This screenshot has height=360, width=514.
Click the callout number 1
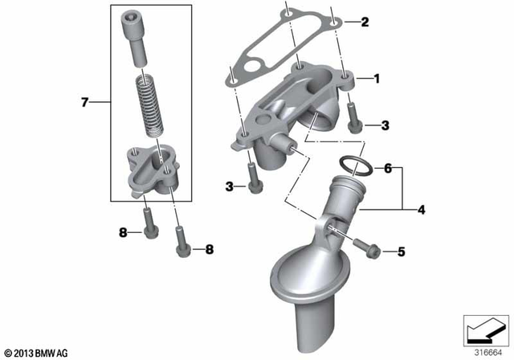pyautogui.click(x=373, y=80)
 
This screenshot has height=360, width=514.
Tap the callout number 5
pyautogui.click(x=400, y=252)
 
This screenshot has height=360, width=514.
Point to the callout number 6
pyautogui.click(x=386, y=170)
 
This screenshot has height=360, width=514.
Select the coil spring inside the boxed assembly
pyautogui.click(x=150, y=105)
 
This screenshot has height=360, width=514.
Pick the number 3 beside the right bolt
pyautogui.click(x=385, y=125)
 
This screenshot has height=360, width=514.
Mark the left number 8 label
pyautogui.click(x=124, y=233)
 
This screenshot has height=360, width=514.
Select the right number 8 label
pyautogui.click(x=210, y=250)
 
